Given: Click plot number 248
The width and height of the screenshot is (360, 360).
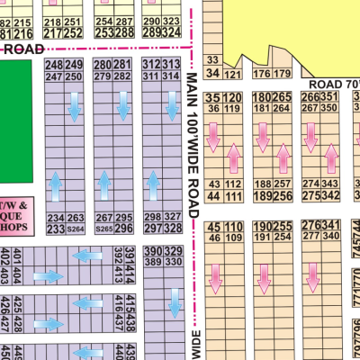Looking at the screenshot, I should [x=54, y=66].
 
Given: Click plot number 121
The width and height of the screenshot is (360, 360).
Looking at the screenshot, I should [x=233, y=74].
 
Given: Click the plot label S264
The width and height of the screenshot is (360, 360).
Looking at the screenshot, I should [x=76, y=229].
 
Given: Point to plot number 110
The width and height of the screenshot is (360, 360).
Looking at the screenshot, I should [x=233, y=226].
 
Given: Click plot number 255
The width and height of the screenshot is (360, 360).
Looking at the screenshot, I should [x=283, y=226].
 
